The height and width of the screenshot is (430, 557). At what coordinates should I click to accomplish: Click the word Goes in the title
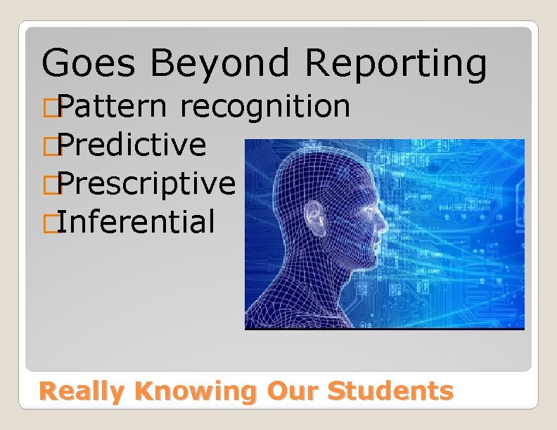[87, 63]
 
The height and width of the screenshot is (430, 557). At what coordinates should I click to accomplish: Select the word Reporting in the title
[395, 63]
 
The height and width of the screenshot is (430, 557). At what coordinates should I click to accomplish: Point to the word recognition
[265, 107]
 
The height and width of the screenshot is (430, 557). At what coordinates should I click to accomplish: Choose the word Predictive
[132, 145]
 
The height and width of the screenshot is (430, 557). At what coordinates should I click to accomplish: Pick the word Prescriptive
[146, 183]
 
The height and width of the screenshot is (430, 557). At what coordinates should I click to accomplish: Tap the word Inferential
[136, 221]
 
